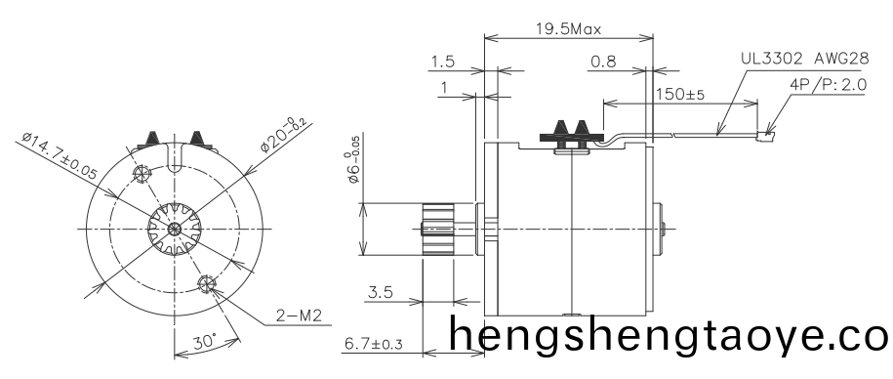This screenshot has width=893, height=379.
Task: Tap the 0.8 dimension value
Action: click(603, 63)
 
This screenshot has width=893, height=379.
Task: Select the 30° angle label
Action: click(203, 343)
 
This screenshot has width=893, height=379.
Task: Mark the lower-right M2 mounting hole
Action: click(206, 284)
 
